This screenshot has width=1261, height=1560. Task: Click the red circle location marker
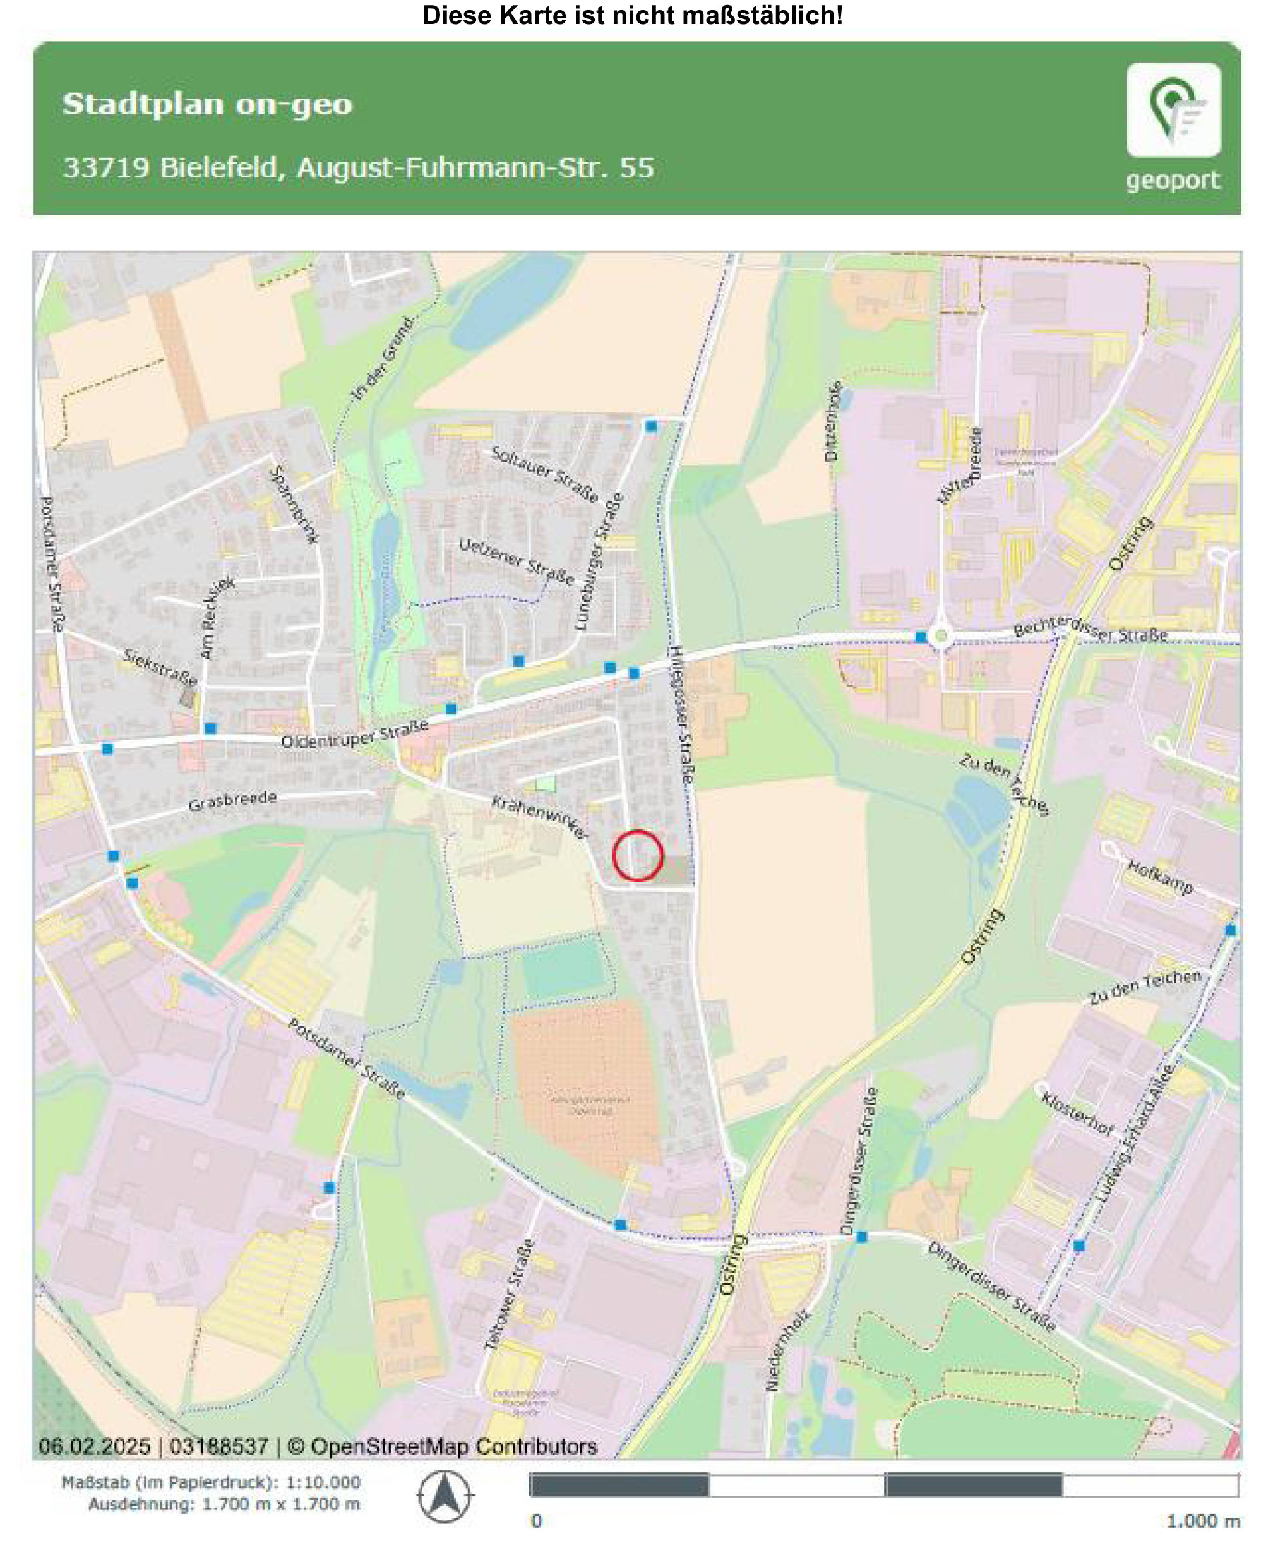(637, 855)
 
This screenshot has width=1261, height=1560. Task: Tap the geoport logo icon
(1173, 110)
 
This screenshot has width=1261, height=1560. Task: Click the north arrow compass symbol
(445, 1497)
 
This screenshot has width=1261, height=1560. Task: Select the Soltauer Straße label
(545, 474)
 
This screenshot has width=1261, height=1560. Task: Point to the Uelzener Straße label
(517, 561)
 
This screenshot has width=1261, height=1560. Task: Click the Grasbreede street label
(232, 801)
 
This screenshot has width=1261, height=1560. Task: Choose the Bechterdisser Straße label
(1090, 629)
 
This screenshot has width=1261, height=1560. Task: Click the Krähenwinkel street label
(539, 817)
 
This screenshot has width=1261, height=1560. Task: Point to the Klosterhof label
(1077, 1113)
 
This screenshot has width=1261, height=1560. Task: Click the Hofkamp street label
(1159, 877)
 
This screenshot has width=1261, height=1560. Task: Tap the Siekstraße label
(160, 667)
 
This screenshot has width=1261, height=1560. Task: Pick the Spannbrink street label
(294, 504)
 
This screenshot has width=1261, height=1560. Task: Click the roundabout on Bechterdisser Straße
(941, 637)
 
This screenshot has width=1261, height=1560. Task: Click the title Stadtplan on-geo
(207, 104)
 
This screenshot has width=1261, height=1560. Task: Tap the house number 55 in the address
(636, 168)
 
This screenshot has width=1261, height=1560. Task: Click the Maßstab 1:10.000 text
(211, 1482)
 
